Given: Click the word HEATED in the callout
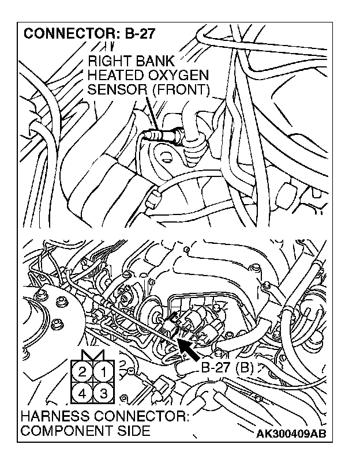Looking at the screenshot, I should click(x=115, y=76).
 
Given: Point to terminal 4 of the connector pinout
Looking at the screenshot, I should click(x=82, y=394).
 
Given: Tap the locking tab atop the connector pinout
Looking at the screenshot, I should click(x=93, y=354).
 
